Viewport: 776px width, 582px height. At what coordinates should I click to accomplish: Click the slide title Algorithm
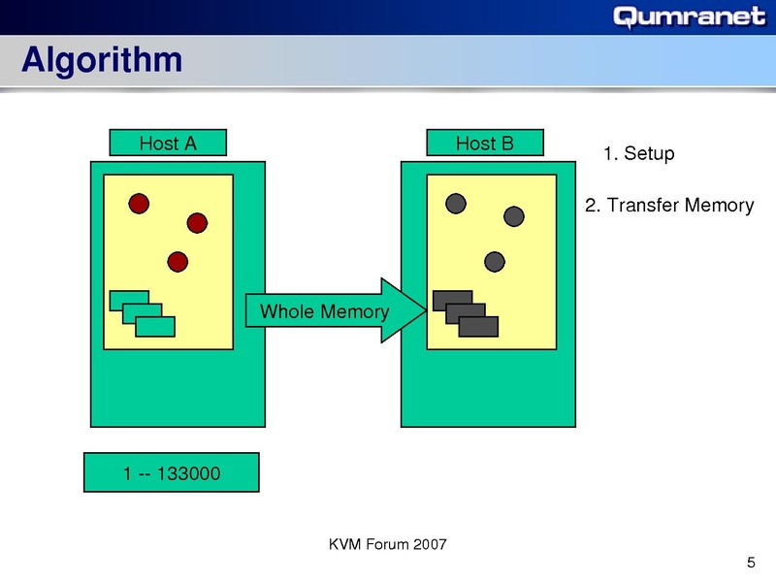pyautogui.click(x=102, y=60)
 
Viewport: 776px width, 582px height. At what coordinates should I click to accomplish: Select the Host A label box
pyautogui.click(x=168, y=144)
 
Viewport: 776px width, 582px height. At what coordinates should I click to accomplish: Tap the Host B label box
pyautogui.click(x=485, y=144)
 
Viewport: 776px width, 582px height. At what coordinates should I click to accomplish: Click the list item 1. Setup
pyautogui.click(x=638, y=154)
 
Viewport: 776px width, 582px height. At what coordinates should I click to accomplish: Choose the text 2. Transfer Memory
pyautogui.click(x=669, y=206)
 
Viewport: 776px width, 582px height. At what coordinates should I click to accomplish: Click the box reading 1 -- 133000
pyautogui.click(x=172, y=473)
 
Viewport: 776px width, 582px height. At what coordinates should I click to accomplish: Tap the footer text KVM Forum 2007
pyautogui.click(x=388, y=544)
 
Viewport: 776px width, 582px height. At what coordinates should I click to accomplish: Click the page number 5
pyautogui.click(x=751, y=563)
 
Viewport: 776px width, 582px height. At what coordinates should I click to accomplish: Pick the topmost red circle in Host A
pyautogui.click(x=139, y=203)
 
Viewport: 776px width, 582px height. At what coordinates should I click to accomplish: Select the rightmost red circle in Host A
pyautogui.click(x=197, y=223)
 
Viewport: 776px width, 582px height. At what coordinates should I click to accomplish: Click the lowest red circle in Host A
pyautogui.click(x=177, y=261)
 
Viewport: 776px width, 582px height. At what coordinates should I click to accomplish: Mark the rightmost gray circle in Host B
pyautogui.click(x=514, y=215)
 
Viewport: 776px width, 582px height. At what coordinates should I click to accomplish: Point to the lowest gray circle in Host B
pyautogui.click(x=495, y=261)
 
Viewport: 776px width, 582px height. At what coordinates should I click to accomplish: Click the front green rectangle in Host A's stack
pyautogui.click(x=155, y=327)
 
